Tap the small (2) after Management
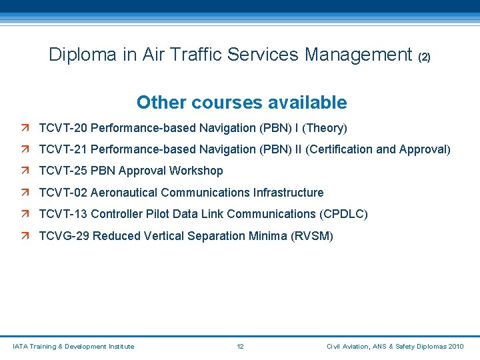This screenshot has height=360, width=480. [424, 57]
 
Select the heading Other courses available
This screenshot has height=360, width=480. [241, 103]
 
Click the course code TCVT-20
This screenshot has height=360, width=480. [63, 127]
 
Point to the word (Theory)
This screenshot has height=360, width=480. [325, 127]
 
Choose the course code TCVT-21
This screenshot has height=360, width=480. [63, 149]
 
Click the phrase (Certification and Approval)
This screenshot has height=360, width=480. [378, 149]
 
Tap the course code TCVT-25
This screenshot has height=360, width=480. [63, 171]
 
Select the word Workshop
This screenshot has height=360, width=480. [196, 171]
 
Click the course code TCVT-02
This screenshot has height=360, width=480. [63, 193]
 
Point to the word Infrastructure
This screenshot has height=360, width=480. [288, 193]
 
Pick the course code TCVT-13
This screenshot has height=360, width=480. [63, 214]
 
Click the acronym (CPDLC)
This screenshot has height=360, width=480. [343, 214]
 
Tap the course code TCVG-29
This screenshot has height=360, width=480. [64, 236]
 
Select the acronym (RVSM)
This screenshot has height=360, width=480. [312, 236]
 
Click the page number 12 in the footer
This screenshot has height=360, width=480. [241, 347]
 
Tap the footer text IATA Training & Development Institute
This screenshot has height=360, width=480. [73, 347]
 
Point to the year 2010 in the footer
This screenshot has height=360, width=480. [457, 347]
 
